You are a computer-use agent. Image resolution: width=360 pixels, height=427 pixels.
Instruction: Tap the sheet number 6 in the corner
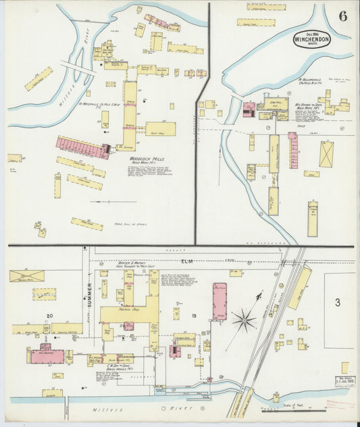click(x=343, y=16)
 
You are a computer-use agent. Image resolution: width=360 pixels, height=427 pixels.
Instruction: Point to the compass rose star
click(x=244, y=319)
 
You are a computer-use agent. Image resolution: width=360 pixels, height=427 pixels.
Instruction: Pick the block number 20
click(x=49, y=316)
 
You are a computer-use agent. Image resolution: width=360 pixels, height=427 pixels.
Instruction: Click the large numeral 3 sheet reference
click(x=337, y=302)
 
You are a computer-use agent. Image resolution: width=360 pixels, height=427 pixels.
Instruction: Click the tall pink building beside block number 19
click(x=220, y=301)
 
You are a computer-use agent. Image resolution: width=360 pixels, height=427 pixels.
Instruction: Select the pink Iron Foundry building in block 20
click(x=47, y=355)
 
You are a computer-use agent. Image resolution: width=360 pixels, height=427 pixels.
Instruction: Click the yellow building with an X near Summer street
click(x=26, y=276)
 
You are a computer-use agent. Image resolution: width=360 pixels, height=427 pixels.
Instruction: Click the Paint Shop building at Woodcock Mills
click(x=160, y=129)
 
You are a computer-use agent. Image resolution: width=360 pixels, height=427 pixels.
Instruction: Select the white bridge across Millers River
click(x=79, y=68)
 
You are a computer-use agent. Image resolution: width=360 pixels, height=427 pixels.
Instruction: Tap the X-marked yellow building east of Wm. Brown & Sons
click(x=326, y=154)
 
